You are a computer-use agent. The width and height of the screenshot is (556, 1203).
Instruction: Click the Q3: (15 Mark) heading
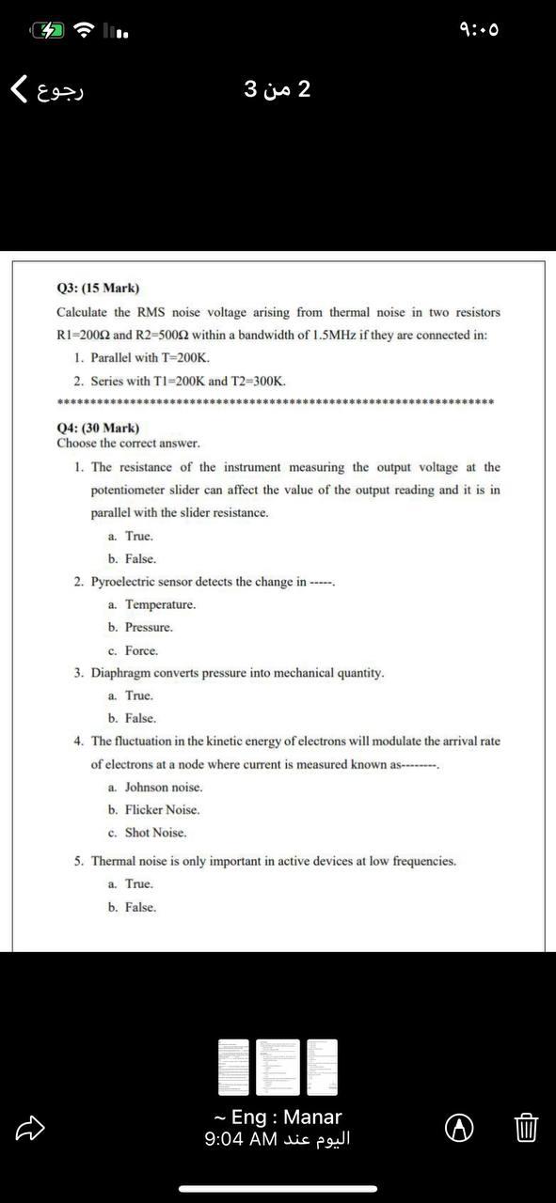click(98, 288)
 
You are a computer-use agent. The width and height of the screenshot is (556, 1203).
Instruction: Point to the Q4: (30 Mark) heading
click(98, 428)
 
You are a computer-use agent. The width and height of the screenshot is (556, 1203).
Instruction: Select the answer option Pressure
click(149, 627)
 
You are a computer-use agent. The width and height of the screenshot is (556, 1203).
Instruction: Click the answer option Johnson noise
click(164, 787)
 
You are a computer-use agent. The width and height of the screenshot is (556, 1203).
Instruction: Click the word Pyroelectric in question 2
click(124, 582)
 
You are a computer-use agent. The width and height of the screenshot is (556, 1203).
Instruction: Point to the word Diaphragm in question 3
click(121, 673)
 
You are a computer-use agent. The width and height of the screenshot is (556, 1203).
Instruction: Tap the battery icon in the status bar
click(49, 30)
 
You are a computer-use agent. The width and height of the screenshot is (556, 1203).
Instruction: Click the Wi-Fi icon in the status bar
click(85, 30)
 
